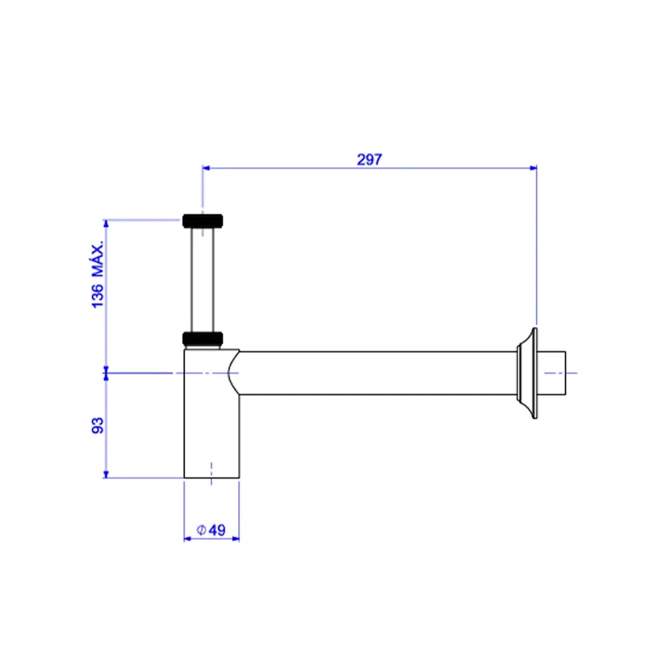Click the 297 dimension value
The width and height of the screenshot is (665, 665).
click(369, 160)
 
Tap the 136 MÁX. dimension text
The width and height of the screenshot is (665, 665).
click(98, 275)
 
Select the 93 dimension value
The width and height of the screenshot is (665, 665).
click(98, 426)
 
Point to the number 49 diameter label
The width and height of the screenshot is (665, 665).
click(217, 530)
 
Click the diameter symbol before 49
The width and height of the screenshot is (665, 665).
click(201, 530)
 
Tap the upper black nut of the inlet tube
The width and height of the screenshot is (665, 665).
click(203, 221)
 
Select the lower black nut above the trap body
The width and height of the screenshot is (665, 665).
click(203, 338)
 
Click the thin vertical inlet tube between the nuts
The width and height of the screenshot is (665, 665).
click(203, 279)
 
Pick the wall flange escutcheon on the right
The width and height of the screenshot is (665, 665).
click(527, 373)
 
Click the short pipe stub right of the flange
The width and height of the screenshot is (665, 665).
click(552, 373)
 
